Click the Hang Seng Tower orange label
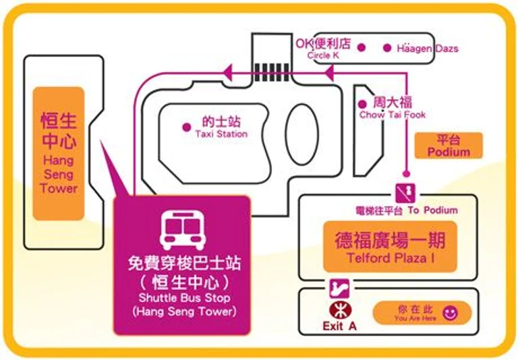click(59, 154)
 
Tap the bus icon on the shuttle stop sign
click(183, 230)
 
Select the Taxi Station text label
click(221, 127)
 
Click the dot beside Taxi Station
click(187, 127)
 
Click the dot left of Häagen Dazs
click(387, 48)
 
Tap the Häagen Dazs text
click(428, 49)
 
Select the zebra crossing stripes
click(272, 72)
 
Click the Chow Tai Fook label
click(393, 108)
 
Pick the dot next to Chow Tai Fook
click(362, 104)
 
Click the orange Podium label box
click(449, 146)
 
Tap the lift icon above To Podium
click(405, 193)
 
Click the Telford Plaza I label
click(390, 247)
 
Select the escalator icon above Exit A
click(339, 289)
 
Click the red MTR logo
click(341, 311)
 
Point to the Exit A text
click(340, 326)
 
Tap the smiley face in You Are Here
click(451, 313)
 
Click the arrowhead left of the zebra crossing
click(228, 73)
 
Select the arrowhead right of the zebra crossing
click(329, 73)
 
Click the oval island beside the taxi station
click(302, 134)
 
